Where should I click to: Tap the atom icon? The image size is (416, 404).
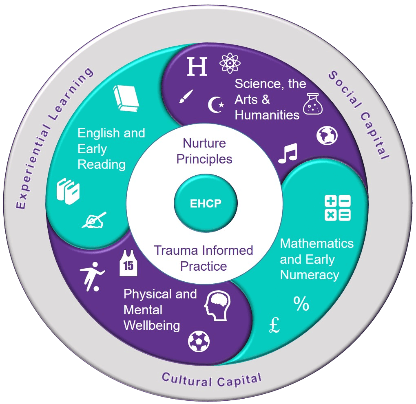[230, 64]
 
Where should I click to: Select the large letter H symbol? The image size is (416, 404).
[197, 66]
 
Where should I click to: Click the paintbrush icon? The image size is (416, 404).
[186, 96]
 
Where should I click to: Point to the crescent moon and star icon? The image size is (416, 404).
[216, 105]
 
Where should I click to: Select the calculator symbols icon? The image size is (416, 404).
[337, 208]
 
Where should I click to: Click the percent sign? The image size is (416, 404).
[301, 304]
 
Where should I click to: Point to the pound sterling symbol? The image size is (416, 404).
[275, 325]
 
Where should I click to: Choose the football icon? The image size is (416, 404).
[199, 341]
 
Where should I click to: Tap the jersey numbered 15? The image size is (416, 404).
[128, 264]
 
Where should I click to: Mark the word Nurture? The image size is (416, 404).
[204, 143]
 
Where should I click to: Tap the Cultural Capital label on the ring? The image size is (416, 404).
[211, 379]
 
